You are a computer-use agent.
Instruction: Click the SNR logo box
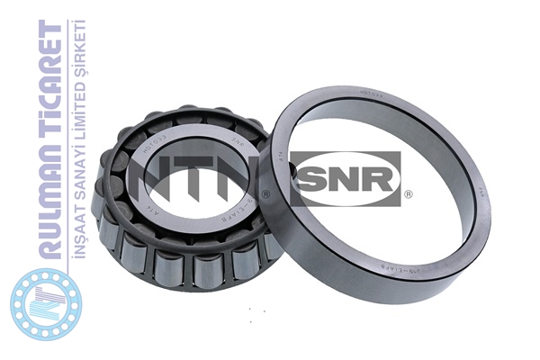coord(346,177)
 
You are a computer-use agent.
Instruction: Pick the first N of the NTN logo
coord(160,177)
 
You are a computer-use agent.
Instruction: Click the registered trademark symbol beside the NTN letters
coord(265,193)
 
